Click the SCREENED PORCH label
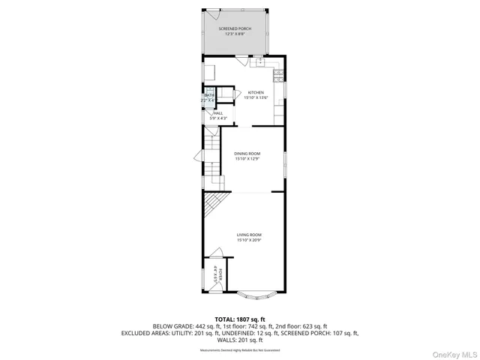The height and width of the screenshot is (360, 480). tap(235, 28)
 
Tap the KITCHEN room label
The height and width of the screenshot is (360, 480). tap(246, 92)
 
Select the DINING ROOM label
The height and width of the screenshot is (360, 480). tap(247, 153)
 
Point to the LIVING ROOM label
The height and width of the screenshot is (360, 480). tap(249, 235)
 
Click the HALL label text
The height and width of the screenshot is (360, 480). tap(218, 113)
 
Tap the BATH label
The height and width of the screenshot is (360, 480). tap(209, 95)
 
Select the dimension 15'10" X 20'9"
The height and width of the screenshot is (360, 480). tap(249, 241)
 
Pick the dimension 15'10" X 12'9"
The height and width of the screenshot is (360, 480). tap(247, 159)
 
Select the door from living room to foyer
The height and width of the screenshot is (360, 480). tap(221, 259)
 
